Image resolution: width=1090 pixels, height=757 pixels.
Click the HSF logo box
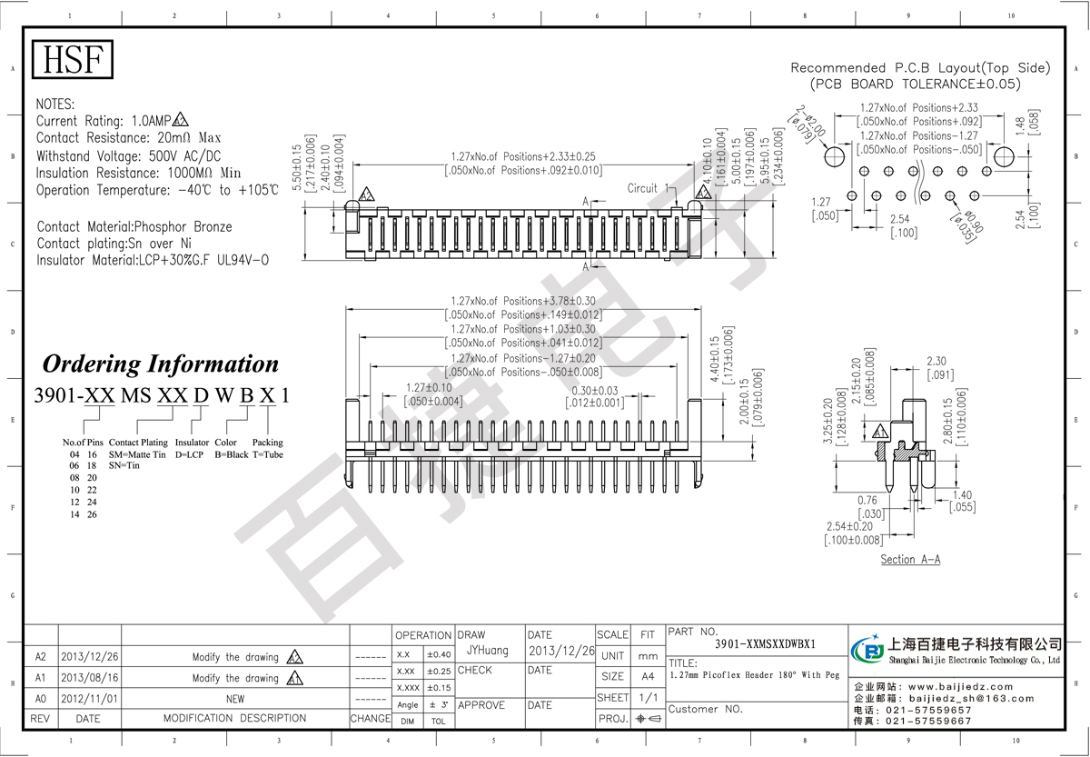(x=73, y=60)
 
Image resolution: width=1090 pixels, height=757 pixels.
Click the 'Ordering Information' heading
(x=161, y=364)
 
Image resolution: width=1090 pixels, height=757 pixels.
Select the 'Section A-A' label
(x=910, y=560)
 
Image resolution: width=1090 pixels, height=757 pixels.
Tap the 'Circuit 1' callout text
(x=647, y=188)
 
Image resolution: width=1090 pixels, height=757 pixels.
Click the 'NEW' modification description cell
(x=234, y=699)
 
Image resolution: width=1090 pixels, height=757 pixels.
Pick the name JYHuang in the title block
(x=487, y=651)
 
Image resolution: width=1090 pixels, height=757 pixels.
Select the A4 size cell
(x=648, y=676)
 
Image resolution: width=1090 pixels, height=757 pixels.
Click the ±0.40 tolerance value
(x=438, y=654)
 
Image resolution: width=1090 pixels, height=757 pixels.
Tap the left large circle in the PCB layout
(x=834, y=156)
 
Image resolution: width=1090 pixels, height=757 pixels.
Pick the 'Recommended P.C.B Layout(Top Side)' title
(x=919, y=68)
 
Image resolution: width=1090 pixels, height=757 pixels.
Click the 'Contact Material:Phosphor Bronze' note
(x=134, y=226)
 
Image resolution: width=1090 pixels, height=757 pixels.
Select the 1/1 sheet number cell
(x=648, y=697)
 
